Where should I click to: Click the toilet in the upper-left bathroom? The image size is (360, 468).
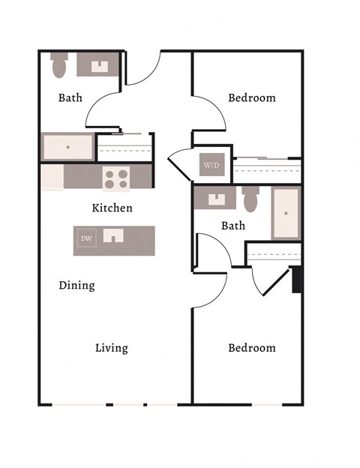pos(59,67)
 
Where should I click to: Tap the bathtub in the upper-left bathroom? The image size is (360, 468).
pos(67,147)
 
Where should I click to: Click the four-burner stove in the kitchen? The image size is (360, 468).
pos(115,178)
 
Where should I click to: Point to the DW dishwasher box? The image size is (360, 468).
pos(86,240)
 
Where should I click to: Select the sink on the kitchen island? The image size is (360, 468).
pos(113,236)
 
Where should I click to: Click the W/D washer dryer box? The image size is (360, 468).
pos(209,165)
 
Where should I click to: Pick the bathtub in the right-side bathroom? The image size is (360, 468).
pos(286,213)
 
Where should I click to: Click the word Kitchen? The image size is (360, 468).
pos(112,208)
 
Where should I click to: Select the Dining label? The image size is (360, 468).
pos(76,286)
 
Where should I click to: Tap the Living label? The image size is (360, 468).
pos(111,348)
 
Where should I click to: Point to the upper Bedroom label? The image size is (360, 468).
pos(251,98)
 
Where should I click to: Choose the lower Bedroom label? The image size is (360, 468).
pos(251,348)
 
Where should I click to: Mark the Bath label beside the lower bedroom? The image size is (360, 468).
pos(233,225)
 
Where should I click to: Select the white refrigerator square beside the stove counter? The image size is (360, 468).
pos(52,178)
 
